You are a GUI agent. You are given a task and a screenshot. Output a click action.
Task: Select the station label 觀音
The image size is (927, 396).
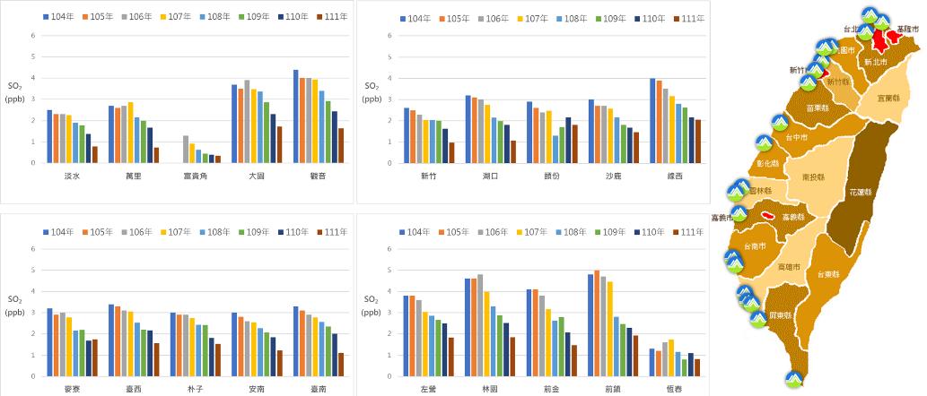pyautogui.click(x=315, y=176)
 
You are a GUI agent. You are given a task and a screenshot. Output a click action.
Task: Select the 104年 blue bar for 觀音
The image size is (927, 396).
pyautogui.click(x=296, y=116)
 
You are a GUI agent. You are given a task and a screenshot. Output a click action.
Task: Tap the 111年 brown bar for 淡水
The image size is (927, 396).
pyautogui.click(x=95, y=154)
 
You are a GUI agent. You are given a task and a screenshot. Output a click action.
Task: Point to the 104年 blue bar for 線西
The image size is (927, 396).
pyautogui.click(x=652, y=120)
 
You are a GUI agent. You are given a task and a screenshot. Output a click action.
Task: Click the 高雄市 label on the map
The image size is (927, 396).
pyautogui.click(x=790, y=267)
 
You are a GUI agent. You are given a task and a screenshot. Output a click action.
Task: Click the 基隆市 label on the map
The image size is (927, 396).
pyautogui.click(x=907, y=29)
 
